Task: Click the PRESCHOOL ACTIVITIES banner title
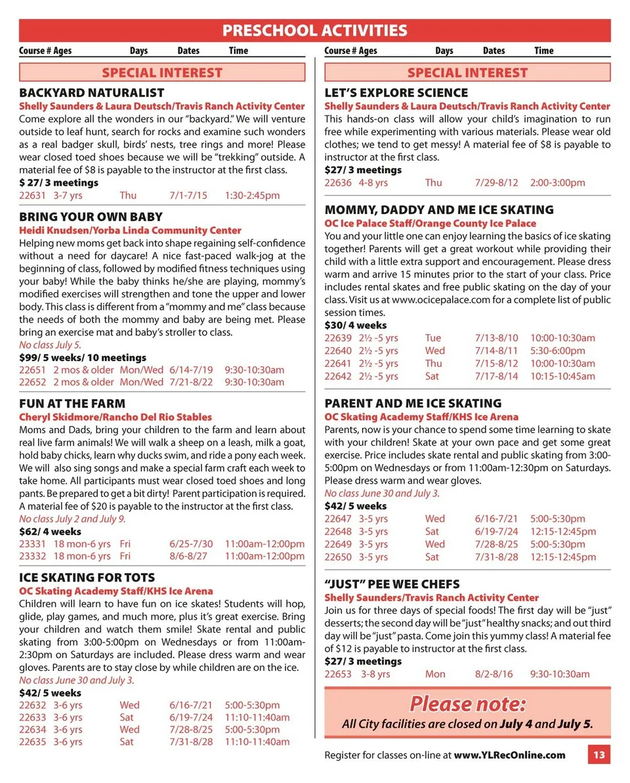314,30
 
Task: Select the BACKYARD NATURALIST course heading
91,93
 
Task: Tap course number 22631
32,196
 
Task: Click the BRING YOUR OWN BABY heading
91,217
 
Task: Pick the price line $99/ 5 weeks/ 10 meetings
83,358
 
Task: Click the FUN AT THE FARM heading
72,404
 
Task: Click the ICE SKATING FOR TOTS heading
87,578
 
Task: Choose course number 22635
32,742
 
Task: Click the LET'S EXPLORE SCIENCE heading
396,93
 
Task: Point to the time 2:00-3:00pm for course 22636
558,183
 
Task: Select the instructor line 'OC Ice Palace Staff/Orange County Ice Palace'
430,224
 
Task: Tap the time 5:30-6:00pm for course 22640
558,350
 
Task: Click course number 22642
338,376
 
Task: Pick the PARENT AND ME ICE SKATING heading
413,404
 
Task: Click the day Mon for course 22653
434,674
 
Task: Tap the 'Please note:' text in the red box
467,704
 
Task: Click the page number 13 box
598,755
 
